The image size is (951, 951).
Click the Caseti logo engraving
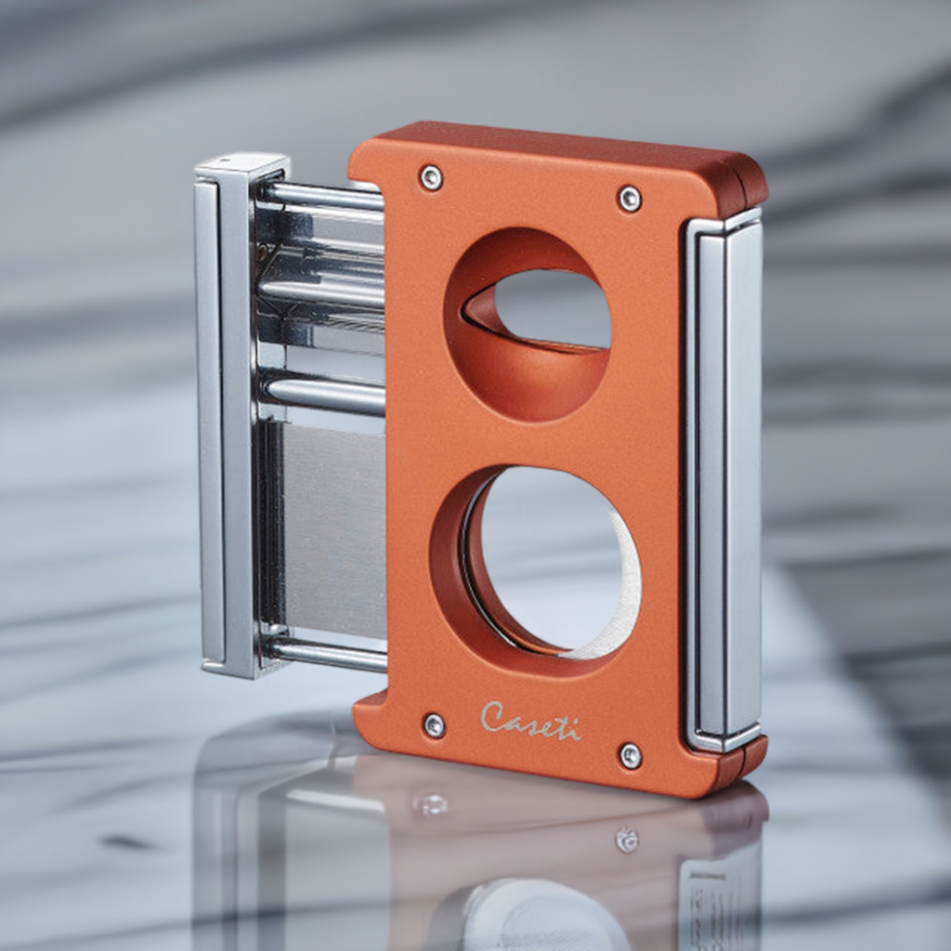click(x=529, y=721)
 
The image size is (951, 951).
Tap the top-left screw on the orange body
click(x=431, y=177)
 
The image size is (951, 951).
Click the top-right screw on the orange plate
click(x=630, y=198)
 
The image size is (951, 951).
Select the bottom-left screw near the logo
click(x=434, y=725)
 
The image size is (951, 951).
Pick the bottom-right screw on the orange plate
click(x=631, y=756)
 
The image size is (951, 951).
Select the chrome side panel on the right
click(x=724, y=483)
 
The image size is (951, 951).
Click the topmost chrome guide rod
click(x=320, y=196)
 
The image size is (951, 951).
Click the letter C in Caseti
click(x=493, y=716)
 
